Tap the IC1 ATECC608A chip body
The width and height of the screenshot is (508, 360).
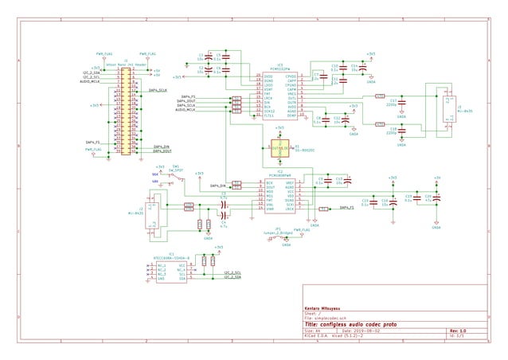click(x=172, y=272)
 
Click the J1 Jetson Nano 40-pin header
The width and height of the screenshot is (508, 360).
click(x=126, y=112)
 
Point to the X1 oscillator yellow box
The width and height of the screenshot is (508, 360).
click(x=279, y=147)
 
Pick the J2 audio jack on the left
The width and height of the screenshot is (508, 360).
click(x=154, y=211)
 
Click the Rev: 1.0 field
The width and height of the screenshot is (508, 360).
click(x=459, y=331)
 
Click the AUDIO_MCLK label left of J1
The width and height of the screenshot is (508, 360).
click(x=90, y=81)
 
